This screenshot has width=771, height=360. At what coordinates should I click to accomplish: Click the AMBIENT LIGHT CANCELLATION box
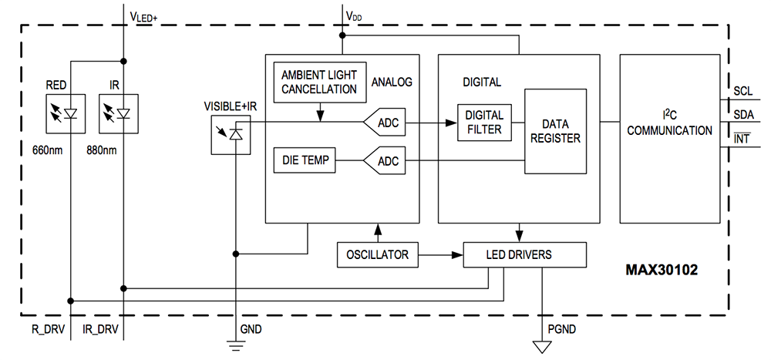318,81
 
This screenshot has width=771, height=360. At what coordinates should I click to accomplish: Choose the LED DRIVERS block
524,254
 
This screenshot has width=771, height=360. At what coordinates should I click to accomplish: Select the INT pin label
742,139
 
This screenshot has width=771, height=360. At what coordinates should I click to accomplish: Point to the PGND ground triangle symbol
543,346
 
